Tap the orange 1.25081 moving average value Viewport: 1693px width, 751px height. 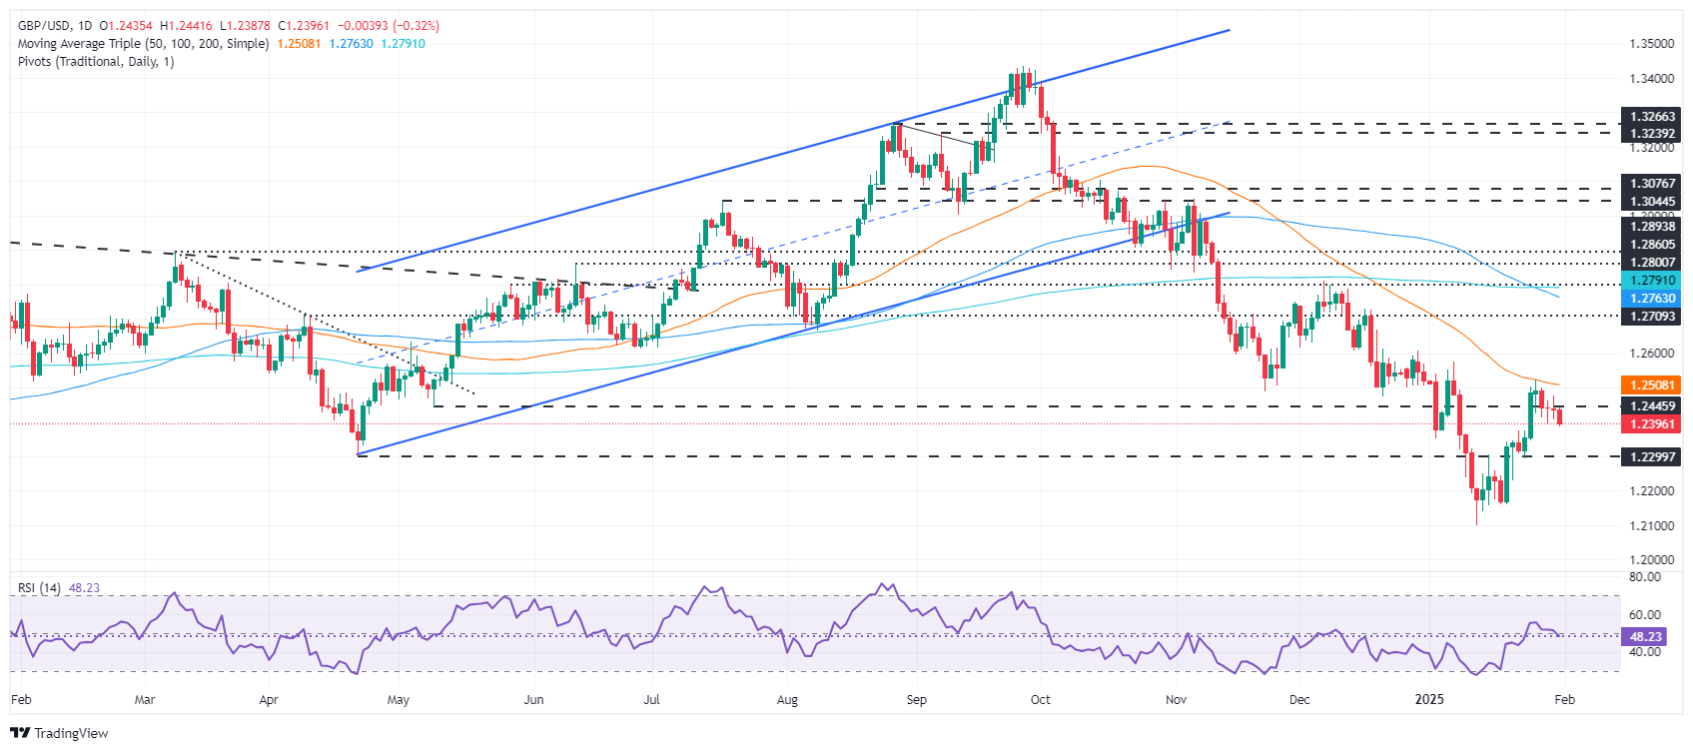point(299,44)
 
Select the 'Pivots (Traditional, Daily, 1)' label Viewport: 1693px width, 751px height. point(96,62)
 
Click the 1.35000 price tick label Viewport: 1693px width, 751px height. point(1652,44)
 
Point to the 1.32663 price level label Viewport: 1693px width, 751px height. point(1652,117)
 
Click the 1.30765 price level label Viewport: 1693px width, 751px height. point(1652,184)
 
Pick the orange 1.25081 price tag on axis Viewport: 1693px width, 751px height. point(1652,385)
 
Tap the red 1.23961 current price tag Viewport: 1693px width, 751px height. point(1652,424)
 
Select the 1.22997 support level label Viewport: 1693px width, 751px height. point(1652,456)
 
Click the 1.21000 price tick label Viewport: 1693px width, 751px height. point(1652,525)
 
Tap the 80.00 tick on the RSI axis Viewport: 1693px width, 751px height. point(1645,577)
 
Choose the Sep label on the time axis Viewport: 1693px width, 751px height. point(916,700)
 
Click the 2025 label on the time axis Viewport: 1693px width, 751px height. point(1429,700)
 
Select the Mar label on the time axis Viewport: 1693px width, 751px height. point(145,700)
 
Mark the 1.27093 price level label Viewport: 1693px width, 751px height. point(1652,317)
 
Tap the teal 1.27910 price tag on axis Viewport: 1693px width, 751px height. point(1652,282)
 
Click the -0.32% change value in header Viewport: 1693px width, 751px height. point(419,26)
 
